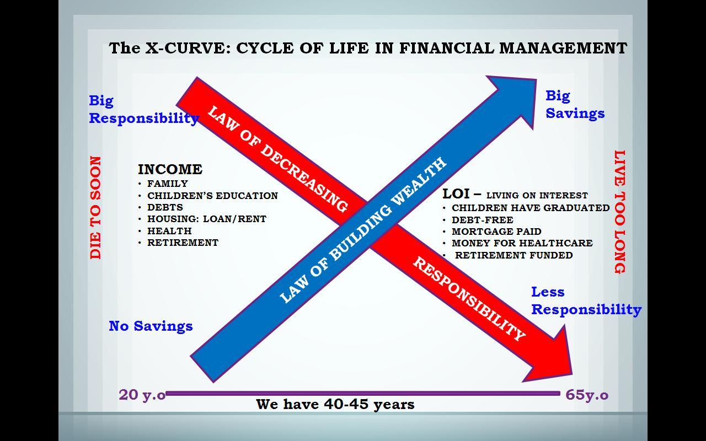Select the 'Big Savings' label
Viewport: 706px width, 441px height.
coord(575,104)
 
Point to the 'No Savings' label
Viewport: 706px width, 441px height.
coord(151,326)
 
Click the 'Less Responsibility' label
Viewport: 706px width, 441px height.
coord(586,300)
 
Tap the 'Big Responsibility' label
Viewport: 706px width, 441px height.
coord(143,109)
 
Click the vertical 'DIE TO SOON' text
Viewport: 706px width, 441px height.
coord(96,207)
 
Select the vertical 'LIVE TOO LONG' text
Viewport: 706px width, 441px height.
coord(620,212)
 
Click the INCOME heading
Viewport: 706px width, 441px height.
coord(170,169)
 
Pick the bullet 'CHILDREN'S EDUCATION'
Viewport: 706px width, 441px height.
coord(212,196)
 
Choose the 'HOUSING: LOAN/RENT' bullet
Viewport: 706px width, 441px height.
coord(206,219)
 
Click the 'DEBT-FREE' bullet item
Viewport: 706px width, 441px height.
coord(482,220)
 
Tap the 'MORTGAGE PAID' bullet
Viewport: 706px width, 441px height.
coord(496,232)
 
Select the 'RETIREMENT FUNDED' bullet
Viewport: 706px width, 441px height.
coord(514,255)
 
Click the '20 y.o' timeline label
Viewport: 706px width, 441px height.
coord(142,395)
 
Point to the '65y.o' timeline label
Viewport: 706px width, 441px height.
coord(587,395)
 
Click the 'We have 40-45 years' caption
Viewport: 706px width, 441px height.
coord(335,405)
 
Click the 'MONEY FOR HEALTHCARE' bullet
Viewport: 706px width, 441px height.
coord(522,243)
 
